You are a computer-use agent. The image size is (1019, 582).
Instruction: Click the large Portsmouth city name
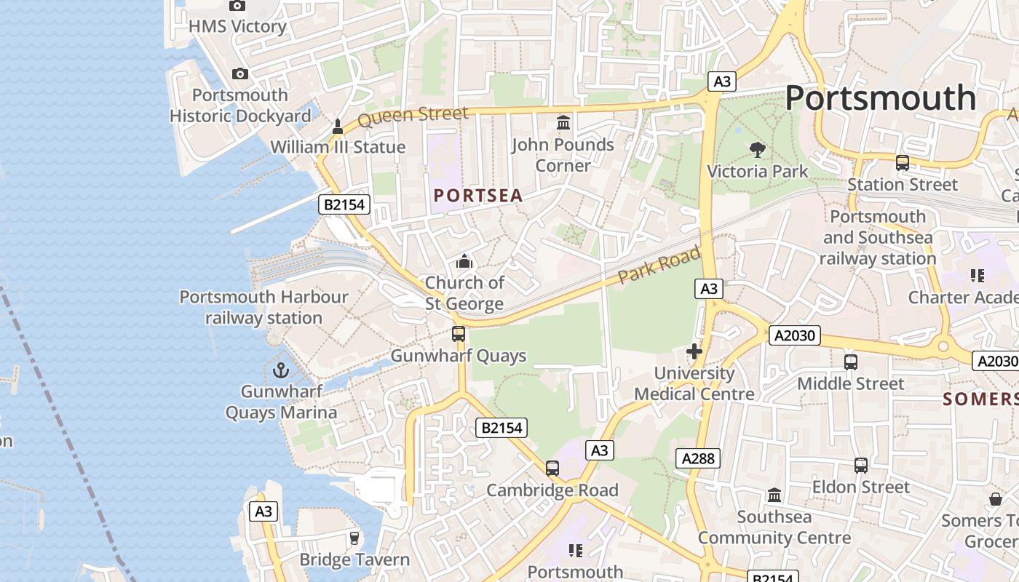[x=880, y=97]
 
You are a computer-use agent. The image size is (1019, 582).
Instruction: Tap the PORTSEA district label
[x=478, y=196]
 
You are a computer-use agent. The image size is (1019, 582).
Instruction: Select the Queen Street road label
[x=413, y=116]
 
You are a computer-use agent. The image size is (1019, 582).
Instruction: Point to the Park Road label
[x=659, y=266]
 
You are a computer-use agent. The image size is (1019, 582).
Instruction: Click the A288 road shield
[x=699, y=458]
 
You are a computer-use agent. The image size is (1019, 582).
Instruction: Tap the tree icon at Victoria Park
[x=758, y=150]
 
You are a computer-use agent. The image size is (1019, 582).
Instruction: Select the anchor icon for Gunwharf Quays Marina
[x=281, y=370]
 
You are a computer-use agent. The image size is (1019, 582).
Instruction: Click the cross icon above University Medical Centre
[x=694, y=352]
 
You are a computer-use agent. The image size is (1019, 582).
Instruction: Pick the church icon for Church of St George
[x=464, y=261]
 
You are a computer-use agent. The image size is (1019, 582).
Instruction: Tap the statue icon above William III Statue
[x=338, y=127]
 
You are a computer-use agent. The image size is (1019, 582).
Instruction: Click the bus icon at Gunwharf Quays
[x=459, y=334]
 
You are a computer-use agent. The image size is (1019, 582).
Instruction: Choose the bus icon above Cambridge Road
[x=552, y=469]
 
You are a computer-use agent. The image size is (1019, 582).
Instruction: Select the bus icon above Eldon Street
[x=861, y=466]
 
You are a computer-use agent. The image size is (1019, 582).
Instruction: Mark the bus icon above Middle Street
[x=850, y=362]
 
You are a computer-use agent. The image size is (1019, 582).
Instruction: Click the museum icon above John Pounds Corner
[x=563, y=123]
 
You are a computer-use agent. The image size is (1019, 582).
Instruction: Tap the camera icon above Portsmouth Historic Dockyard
[x=240, y=73]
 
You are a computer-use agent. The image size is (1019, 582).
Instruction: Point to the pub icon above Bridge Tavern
[x=354, y=538]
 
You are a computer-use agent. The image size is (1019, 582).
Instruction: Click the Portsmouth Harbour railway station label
[x=263, y=307]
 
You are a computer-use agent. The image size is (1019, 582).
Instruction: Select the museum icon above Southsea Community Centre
[x=774, y=495]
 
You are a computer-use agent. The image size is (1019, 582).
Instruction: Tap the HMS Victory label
[x=237, y=26]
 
